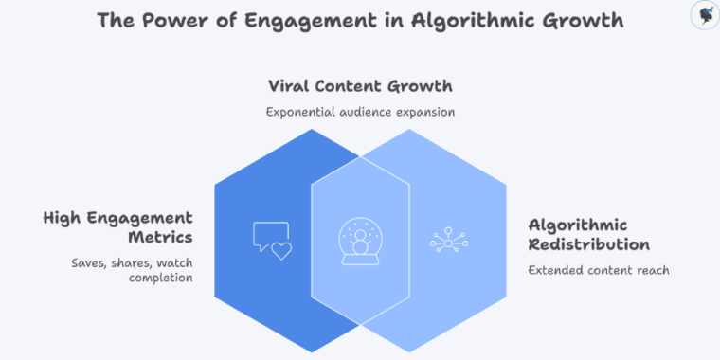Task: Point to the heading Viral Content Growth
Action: click(360, 86)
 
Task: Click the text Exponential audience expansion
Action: click(360, 112)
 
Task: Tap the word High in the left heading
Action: click(63, 219)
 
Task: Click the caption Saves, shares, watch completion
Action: click(133, 270)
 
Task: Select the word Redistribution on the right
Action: click(588, 244)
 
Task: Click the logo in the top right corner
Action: click(703, 14)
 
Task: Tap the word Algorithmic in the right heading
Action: click(577, 225)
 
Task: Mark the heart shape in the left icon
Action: click(281, 250)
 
